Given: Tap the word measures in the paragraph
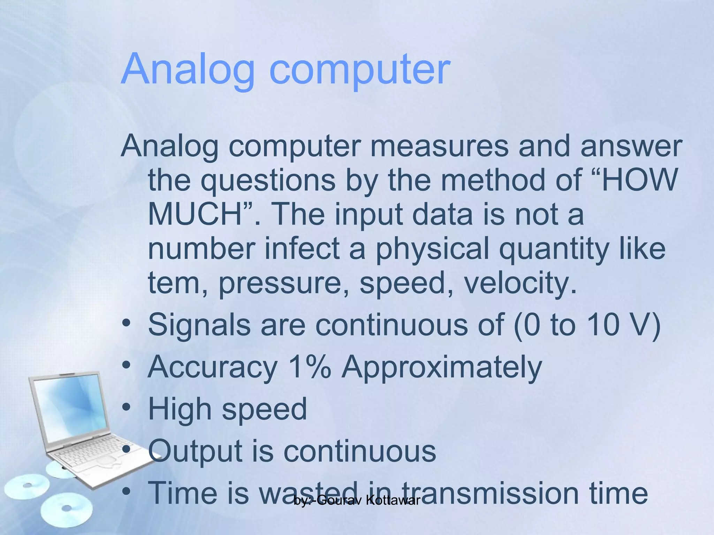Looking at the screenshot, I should [439, 146].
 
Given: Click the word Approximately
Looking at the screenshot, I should [441, 368].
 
